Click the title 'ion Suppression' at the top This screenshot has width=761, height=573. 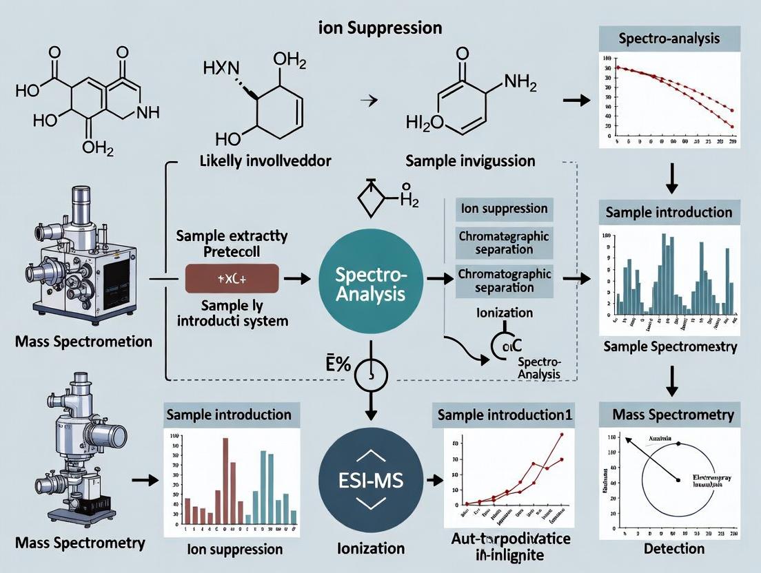tap(380, 28)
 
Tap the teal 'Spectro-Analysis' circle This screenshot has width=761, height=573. tap(372, 284)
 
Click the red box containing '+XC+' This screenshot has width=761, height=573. tap(232, 280)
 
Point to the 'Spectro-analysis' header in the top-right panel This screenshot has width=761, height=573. tap(669, 39)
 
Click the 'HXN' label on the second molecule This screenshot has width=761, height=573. tap(221, 67)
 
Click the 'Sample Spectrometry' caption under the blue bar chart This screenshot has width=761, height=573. tap(669, 346)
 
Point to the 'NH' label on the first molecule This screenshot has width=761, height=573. tap(148, 112)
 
